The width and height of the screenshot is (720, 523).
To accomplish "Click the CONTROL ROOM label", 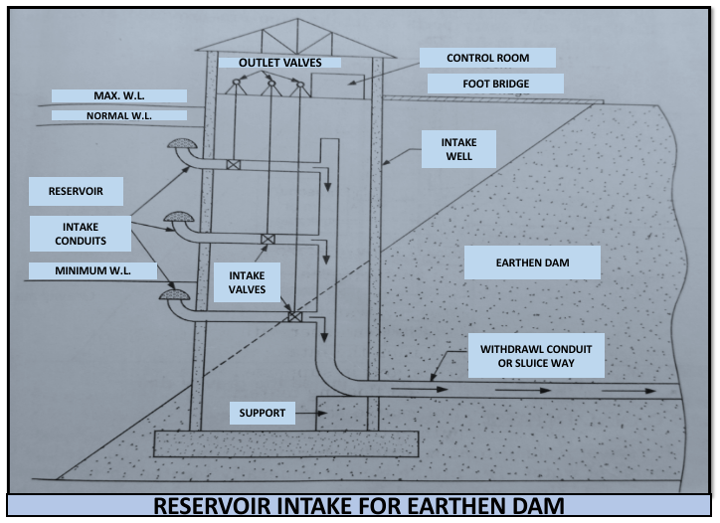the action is pyautogui.click(x=486, y=58).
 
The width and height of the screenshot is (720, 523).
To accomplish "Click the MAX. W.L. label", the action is pyautogui.click(x=120, y=96).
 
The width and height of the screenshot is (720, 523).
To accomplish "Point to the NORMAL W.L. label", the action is pyautogui.click(x=120, y=115).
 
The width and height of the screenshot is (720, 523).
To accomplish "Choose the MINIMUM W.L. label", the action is pyautogui.click(x=92, y=269).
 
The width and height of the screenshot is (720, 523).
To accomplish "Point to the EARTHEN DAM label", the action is pyautogui.click(x=532, y=263).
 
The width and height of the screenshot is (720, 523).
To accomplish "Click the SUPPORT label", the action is pyautogui.click(x=263, y=412).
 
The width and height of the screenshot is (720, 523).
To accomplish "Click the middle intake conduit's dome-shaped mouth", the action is pyautogui.click(x=180, y=217).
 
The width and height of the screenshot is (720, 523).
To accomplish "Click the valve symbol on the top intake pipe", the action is pyautogui.click(x=233, y=165).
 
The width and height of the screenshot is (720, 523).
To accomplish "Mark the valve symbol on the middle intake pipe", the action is pyautogui.click(x=267, y=239).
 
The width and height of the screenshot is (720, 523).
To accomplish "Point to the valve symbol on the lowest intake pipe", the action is pyautogui.click(x=293, y=316).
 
